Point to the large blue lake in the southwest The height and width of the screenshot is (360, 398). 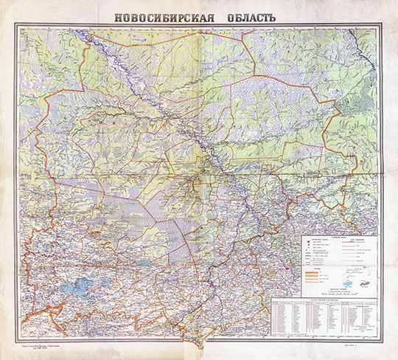tap(76, 283)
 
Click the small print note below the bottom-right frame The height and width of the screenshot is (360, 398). tap(352, 345)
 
